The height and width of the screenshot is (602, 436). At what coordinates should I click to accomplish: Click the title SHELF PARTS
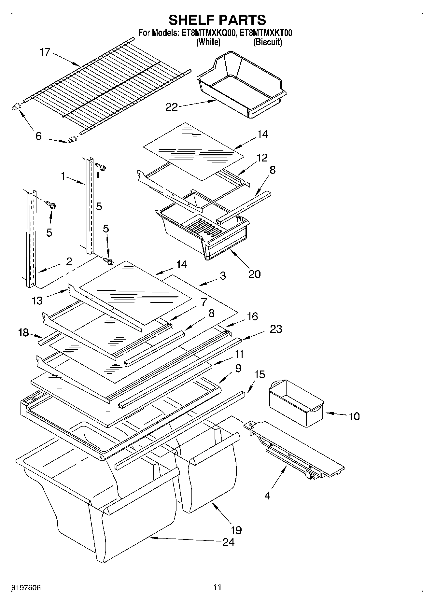(217, 20)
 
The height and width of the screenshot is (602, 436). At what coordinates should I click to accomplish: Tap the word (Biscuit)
(268, 42)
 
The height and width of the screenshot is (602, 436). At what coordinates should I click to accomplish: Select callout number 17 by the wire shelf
(45, 52)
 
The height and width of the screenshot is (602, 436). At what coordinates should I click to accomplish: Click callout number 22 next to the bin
(172, 107)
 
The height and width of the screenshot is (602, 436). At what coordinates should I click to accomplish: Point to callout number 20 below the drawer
(254, 274)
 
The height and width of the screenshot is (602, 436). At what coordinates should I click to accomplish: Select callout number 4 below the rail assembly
(267, 496)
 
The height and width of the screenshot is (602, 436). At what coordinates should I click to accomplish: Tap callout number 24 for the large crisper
(228, 542)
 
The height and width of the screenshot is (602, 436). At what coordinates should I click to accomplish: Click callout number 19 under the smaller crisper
(236, 530)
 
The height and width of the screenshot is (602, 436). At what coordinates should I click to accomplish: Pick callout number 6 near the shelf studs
(38, 136)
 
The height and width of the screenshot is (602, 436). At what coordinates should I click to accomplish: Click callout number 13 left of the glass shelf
(37, 301)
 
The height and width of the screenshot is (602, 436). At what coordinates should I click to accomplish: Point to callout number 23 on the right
(276, 329)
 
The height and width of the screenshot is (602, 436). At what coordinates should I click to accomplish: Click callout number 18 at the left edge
(23, 333)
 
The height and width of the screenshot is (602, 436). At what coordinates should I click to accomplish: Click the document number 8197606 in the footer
(26, 588)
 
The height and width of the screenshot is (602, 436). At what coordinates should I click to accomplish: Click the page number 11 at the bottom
(217, 587)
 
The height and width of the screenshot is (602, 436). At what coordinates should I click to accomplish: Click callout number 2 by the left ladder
(69, 261)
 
